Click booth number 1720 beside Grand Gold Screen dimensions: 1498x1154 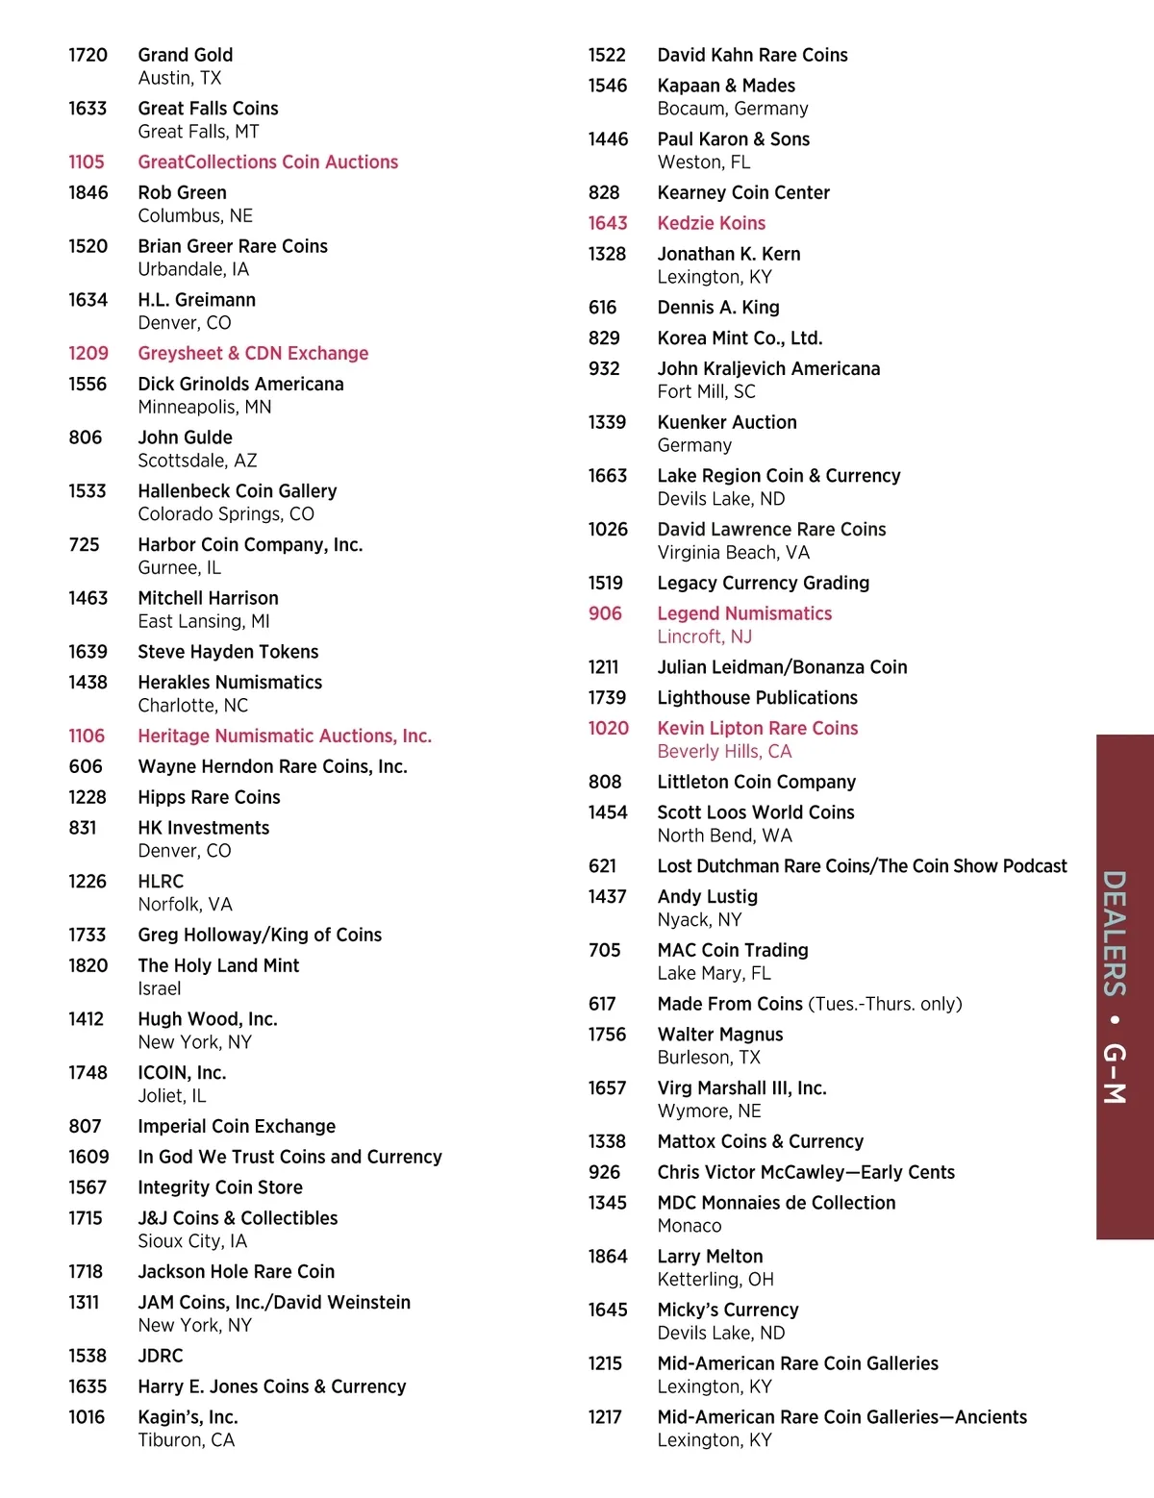[88, 55]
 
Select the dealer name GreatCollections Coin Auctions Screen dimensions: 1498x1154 [267, 162]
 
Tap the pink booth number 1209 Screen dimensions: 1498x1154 [88, 354]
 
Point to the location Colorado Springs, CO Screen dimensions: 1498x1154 [226, 514]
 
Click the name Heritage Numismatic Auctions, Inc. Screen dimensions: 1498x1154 [285, 737]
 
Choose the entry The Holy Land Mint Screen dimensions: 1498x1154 [218, 966]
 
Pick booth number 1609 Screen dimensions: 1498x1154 [88, 1158]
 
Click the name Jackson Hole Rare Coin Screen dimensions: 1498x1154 [236, 1272]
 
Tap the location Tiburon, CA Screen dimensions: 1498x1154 [186, 1440]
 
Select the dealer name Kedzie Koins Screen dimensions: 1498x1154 [711, 224]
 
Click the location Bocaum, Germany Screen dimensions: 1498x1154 [732, 109]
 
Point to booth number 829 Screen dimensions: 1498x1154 [604, 338]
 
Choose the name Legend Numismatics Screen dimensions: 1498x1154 [744, 614]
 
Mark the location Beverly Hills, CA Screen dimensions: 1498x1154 [724, 752]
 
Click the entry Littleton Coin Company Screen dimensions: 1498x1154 [756, 783]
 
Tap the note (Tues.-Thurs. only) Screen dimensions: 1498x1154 [885, 1005]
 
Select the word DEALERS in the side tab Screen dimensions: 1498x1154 [1114, 933]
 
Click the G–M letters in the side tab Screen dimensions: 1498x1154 [1114, 1072]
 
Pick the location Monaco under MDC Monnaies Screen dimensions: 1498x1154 [689, 1226]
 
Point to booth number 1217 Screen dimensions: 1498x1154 [605, 1417]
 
